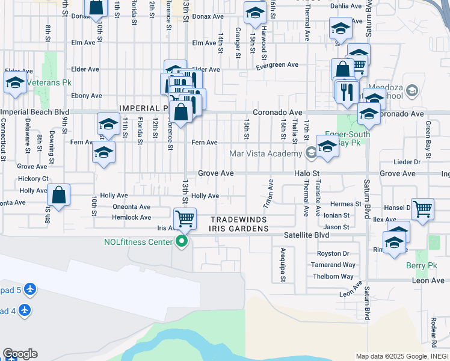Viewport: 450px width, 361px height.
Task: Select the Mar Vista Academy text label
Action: pos(265,154)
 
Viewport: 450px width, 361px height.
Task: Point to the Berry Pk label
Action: pos(422,266)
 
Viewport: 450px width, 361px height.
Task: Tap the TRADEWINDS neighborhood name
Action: pos(238,219)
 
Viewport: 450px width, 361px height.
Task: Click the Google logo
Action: pos(19,354)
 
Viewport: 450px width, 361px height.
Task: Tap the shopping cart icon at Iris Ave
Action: pos(185,218)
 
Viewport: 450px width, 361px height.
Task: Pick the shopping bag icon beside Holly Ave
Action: pos(58,195)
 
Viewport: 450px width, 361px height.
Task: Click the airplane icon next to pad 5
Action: pos(29,290)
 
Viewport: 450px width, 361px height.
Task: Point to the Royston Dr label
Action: pos(333,253)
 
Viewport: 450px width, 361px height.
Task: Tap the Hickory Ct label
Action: pos(33,179)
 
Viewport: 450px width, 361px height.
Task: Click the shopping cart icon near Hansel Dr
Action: pos(423,209)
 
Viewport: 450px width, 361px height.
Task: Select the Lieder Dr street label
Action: pos(407,162)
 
